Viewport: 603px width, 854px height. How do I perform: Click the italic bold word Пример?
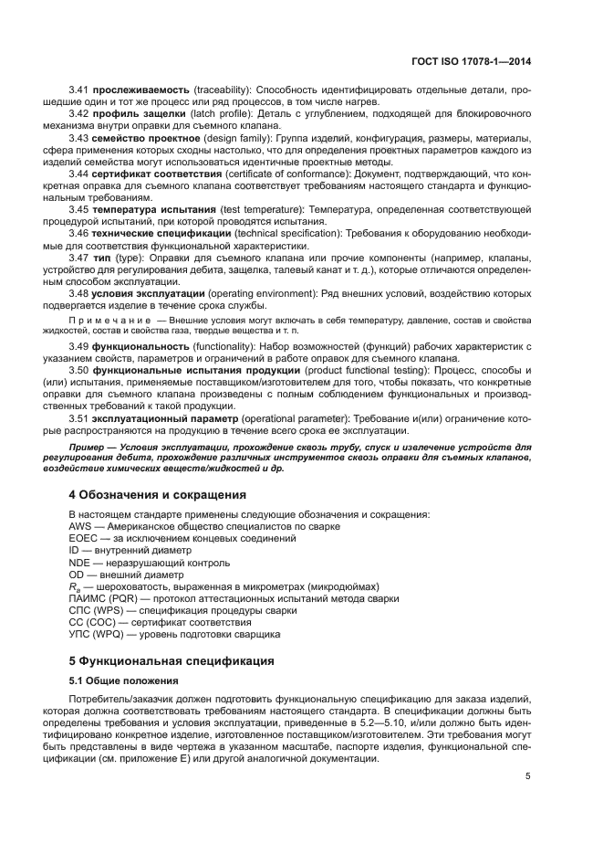tap(90, 447)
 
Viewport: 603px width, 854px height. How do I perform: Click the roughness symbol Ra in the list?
tap(75, 586)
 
